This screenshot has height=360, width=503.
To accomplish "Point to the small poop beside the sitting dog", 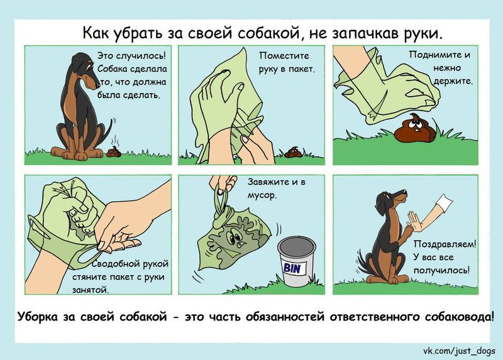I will [113, 151].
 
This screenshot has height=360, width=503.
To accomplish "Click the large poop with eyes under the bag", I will [413, 126].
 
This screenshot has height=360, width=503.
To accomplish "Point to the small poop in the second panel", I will [292, 152].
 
